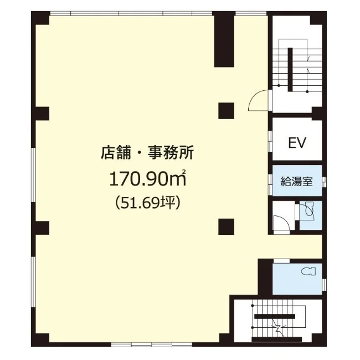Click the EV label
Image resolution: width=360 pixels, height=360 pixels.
297,142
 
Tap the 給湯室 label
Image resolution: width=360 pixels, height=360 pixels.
297,181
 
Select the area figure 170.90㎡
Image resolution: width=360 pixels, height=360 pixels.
146,178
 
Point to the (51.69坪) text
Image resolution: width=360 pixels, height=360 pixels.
146,203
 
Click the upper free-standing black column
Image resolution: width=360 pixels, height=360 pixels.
225,110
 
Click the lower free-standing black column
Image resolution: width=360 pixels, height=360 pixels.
225,227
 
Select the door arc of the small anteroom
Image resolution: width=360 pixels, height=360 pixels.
280,222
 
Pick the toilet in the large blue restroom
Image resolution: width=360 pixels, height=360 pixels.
308,271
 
